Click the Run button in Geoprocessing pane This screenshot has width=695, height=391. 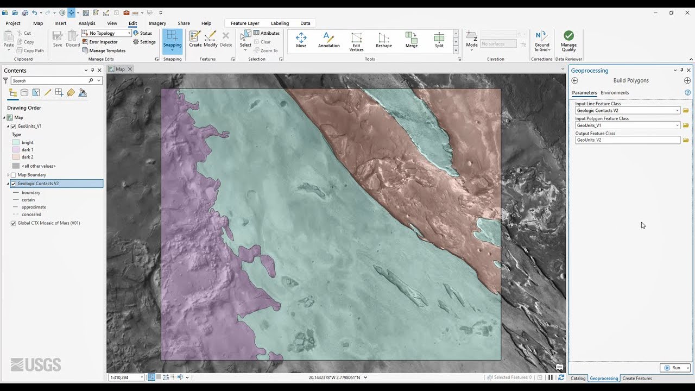point(673,368)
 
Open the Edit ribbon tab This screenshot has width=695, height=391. point(132,23)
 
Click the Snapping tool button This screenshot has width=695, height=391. point(172,41)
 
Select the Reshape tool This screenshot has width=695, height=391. point(384,40)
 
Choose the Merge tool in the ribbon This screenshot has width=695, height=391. point(412,40)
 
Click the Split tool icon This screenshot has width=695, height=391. point(439,40)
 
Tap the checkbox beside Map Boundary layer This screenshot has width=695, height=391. point(14,175)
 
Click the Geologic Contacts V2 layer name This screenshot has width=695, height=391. point(38,184)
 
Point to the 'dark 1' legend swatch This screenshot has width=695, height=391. point(16,150)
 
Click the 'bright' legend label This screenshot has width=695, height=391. point(28,143)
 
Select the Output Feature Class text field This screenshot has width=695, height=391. point(627,140)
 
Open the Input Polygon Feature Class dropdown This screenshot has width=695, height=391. point(677,125)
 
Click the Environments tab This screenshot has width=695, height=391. point(615,93)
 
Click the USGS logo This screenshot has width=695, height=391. point(36,365)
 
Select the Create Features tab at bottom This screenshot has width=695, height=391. point(637,378)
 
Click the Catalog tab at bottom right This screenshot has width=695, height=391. point(578,378)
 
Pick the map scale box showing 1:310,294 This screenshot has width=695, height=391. point(125,377)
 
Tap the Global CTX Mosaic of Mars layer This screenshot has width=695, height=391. point(49,223)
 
